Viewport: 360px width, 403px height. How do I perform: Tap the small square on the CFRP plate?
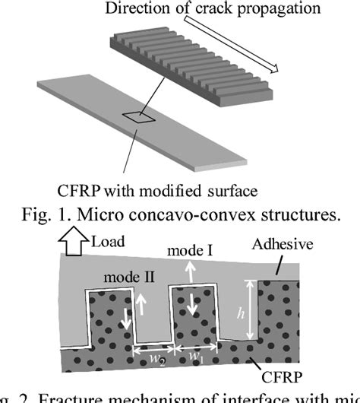coord(140,117)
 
